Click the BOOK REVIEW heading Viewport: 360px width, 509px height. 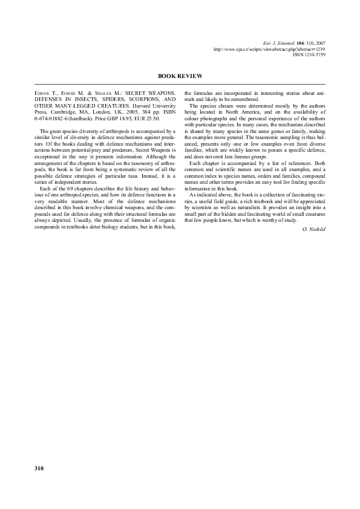pyautogui.click(x=180, y=76)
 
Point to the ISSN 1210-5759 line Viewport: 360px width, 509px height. pyautogui.click(x=309, y=54)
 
